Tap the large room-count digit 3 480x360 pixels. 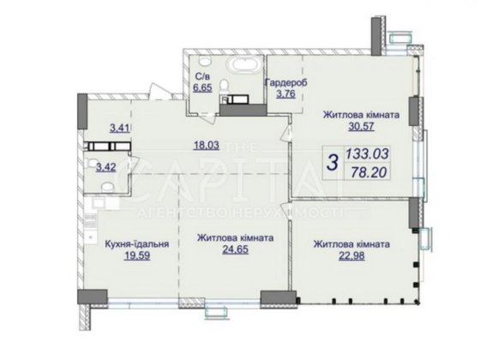pyautogui.click(x=332, y=160)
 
